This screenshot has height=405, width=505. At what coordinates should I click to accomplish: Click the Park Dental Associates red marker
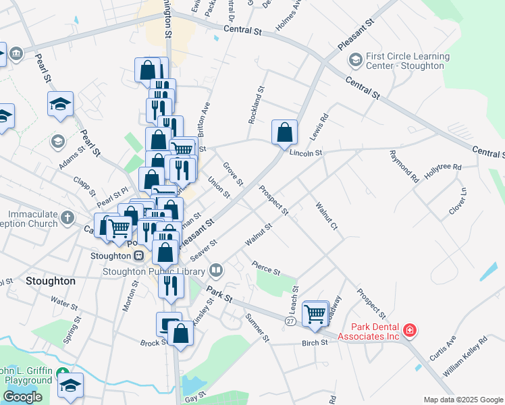click(x=410, y=330)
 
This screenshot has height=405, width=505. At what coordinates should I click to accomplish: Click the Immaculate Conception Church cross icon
click(x=66, y=217)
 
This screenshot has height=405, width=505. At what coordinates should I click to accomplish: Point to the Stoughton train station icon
click(x=138, y=256)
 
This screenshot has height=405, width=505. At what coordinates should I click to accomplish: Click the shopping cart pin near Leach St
click(x=315, y=313)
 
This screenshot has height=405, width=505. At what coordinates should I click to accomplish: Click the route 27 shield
click(x=290, y=322)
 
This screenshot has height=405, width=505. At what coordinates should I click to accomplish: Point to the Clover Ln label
click(x=458, y=201)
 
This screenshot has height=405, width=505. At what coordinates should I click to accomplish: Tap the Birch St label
click(x=315, y=342)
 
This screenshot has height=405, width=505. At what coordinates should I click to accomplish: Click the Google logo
click(x=22, y=397)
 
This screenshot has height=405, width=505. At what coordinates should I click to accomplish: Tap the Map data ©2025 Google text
click(x=462, y=400)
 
